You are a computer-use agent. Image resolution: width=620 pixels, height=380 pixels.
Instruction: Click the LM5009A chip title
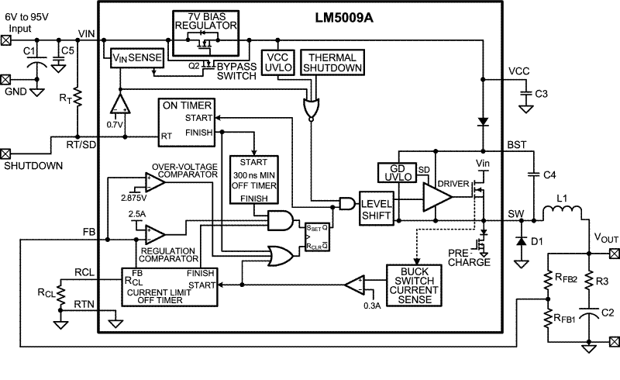(x=344, y=18)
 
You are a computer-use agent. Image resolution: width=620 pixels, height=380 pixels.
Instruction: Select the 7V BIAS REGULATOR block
(x=205, y=33)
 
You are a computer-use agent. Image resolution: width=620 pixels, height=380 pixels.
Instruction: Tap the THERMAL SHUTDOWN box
(x=332, y=63)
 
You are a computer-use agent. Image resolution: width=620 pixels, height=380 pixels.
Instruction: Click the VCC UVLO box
(x=278, y=62)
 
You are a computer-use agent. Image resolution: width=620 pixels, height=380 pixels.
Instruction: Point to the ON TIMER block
(x=187, y=123)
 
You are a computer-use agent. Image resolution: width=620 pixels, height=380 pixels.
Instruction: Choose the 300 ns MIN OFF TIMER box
(x=254, y=180)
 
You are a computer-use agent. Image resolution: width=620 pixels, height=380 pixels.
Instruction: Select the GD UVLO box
(x=397, y=173)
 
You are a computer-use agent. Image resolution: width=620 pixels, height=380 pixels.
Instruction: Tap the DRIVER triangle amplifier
(x=437, y=197)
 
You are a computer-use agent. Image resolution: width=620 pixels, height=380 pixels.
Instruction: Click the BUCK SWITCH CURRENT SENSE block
(x=414, y=285)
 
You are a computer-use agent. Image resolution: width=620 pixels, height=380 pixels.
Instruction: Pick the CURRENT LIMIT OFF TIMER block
(x=169, y=287)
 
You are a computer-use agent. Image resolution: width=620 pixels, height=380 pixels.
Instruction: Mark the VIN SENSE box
(x=137, y=58)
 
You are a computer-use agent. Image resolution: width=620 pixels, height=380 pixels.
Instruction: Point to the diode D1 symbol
(x=522, y=240)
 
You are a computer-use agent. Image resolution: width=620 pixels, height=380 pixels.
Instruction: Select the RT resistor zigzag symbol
(x=77, y=97)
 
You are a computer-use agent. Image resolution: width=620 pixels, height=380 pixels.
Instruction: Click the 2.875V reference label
(x=134, y=197)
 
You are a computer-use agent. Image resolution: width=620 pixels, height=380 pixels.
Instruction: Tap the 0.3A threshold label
(x=372, y=306)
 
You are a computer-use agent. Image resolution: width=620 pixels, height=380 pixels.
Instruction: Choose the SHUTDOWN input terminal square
(x=5, y=154)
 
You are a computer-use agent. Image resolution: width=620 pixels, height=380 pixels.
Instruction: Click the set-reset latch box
(x=317, y=237)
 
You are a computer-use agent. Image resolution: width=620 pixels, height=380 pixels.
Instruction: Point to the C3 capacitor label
(x=541, y=94)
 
